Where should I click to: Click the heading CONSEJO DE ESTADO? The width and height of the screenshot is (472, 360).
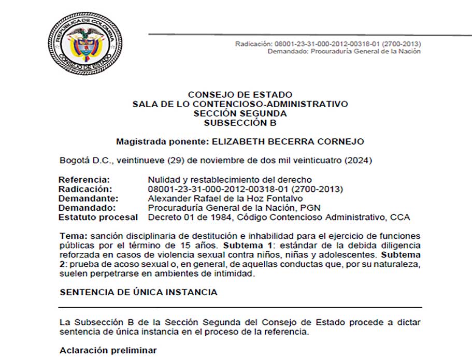pos(240,95)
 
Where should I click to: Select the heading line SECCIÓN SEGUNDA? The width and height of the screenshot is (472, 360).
pos(240,113)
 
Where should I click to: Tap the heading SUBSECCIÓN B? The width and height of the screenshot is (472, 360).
pos(240,123)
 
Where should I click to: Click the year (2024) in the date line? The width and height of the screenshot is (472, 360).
pos(360,161)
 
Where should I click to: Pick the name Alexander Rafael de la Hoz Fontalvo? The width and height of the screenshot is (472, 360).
pos(218,198)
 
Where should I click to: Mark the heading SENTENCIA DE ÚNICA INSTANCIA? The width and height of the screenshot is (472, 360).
pos(138,292)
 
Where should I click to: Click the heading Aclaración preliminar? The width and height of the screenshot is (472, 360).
pos(108,351)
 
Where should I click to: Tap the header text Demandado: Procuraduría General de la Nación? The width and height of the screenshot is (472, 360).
pos(344,51)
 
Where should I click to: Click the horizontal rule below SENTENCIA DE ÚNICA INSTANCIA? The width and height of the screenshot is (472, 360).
pos(240,308)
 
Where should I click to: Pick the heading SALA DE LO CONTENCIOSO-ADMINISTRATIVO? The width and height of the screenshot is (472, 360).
pos(240,104)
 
